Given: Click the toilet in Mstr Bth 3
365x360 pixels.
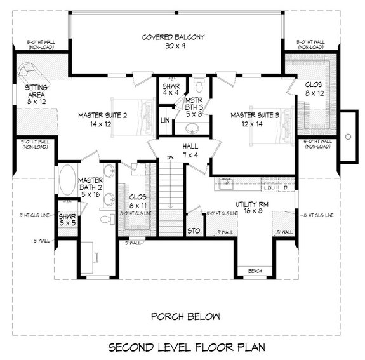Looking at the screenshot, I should [x=199, y=84].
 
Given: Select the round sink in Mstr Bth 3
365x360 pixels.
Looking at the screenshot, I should [x=192, y=127].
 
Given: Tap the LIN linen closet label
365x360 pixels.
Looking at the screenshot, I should [x=164, y=120].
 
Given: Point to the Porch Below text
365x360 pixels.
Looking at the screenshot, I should [x=185, y=316].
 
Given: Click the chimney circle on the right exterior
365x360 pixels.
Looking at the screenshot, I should [x=347, y=136].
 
